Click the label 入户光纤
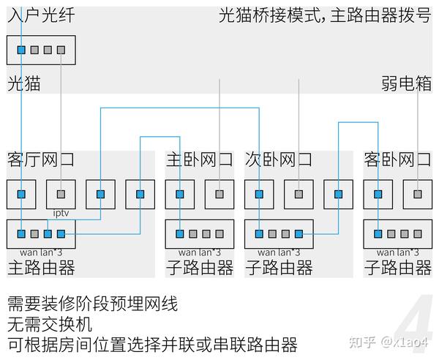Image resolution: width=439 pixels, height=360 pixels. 41,15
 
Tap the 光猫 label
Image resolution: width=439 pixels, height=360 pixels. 24,83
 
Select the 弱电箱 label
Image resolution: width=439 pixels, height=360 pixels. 406,83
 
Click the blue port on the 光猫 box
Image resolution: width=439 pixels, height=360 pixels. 21,50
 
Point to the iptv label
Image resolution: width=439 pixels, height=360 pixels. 61,214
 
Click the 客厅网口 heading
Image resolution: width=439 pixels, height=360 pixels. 40,160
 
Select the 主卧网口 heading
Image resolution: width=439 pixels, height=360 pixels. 199,160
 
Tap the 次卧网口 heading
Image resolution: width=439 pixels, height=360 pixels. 279,160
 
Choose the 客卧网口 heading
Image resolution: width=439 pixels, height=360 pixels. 397,160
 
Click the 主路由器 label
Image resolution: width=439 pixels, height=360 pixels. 41,268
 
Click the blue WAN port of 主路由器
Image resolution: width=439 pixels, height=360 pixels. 21,233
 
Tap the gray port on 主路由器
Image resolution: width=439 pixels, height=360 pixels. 34,233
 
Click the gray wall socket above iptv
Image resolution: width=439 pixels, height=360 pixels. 61,195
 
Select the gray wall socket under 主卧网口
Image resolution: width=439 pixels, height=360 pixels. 219,195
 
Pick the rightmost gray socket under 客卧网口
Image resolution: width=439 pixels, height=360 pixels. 418,195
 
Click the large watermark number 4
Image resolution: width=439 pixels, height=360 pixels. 414,320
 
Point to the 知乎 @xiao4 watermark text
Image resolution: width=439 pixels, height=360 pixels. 389,342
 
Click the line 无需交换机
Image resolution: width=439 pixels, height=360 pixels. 50,324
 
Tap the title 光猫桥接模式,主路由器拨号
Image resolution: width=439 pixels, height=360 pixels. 325,15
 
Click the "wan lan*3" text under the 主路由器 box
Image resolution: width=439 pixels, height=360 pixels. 41,252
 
